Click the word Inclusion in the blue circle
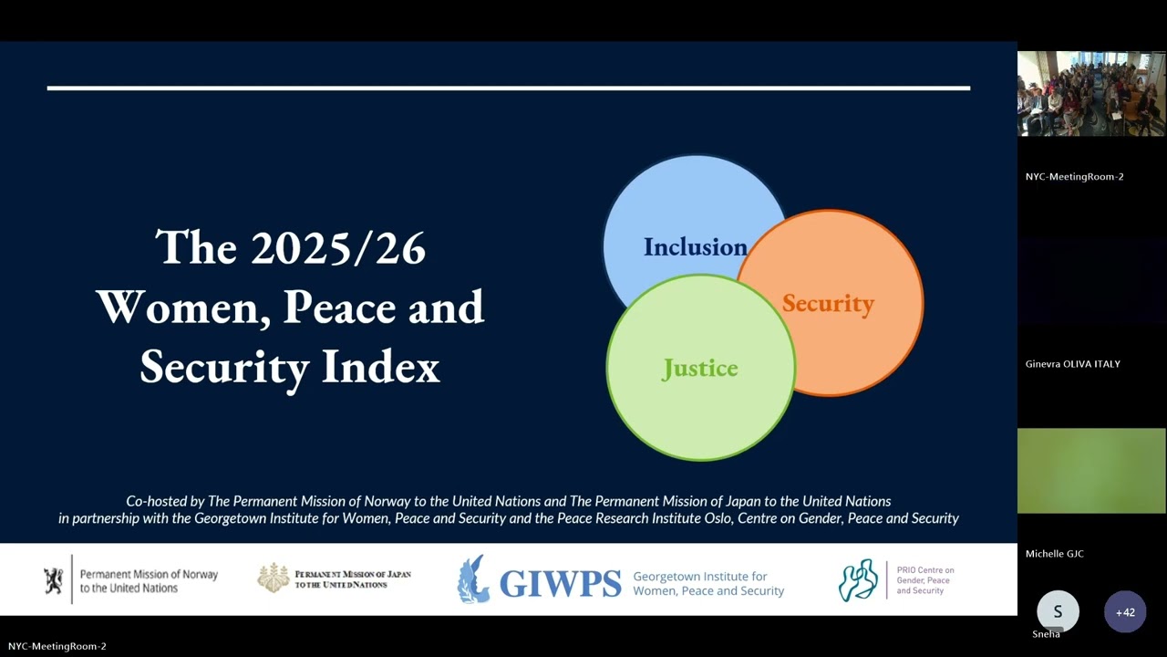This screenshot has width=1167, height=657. (x=695, y=247)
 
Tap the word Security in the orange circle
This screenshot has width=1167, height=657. (x=828, y=304)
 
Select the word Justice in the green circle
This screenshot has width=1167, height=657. (x=699, y=369)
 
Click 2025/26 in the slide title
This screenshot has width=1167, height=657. (x=338, y=248)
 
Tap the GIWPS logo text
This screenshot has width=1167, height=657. (x=560, y=582)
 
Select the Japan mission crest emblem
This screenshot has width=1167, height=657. (x=273, y=579)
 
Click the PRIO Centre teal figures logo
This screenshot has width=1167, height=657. (x=858, y=580)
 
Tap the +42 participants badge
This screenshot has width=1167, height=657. (x=1125, y=612)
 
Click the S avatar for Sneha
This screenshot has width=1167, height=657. (x=1058, y=612)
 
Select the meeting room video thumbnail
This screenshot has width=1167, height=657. (x=1091, y=94)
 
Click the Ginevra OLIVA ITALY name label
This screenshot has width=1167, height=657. (x=1072, y=364)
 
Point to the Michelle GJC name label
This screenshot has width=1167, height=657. (x=1054, y=554)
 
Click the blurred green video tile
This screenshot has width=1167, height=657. (x=1091, y=471)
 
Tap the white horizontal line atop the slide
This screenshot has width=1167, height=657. (x=508, y=89)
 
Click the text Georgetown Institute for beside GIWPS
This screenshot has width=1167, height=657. (x=700, y=577)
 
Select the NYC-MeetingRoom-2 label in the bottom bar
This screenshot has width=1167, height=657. (x=57, y=646)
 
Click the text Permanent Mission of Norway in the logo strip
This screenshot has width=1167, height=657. (x=149, y=575)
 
